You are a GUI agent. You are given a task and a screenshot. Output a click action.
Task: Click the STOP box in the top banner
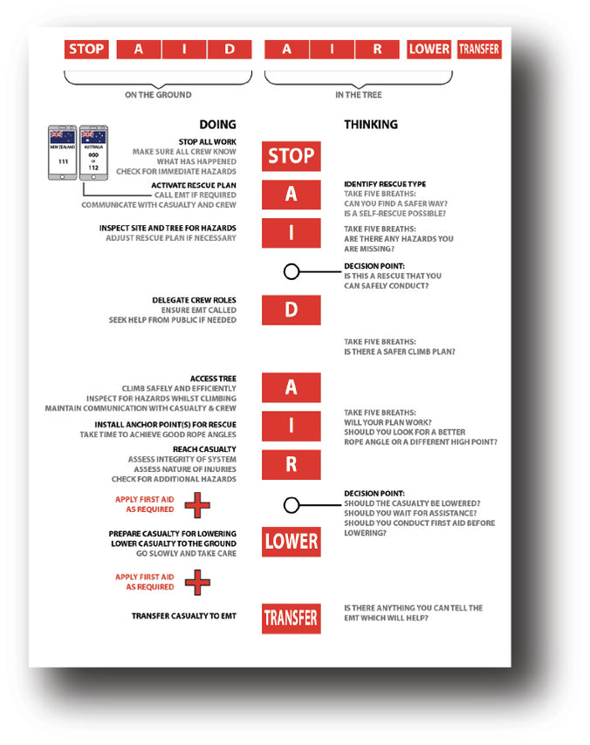[86, 49]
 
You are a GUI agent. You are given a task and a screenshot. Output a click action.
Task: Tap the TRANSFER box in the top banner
[479, 49]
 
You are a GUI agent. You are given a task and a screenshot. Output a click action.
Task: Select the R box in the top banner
[377, 49]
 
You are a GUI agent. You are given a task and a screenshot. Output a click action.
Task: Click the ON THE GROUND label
[158, 94]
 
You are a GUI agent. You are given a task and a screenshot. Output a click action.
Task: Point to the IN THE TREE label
[359, 94]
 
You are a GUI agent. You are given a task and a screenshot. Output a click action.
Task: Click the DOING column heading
[217, 124]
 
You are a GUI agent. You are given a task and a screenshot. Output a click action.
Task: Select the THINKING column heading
[371, 124]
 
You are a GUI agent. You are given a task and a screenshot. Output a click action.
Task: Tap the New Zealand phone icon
[61, 154]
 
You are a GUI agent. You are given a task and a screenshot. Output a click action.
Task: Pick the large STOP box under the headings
[292, 156]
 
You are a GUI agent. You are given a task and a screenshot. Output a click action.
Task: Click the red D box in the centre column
[292, 310]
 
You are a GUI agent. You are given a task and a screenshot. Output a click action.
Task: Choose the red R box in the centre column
[292, 464]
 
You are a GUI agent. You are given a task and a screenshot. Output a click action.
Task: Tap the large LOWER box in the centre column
[292, 541]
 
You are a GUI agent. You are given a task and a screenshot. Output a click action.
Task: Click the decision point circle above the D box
[292, 272]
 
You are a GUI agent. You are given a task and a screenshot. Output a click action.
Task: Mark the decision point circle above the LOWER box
[292, 504]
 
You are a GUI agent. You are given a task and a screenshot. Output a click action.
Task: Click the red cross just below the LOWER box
[198, 581]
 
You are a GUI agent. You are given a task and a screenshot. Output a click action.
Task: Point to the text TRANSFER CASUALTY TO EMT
[183, 616]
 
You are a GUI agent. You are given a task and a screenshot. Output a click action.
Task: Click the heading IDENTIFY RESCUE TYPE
[385, 183]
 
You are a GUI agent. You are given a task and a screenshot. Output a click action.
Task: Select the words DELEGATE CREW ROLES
[194, 300]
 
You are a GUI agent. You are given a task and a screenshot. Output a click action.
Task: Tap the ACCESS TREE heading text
[213, 379]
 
